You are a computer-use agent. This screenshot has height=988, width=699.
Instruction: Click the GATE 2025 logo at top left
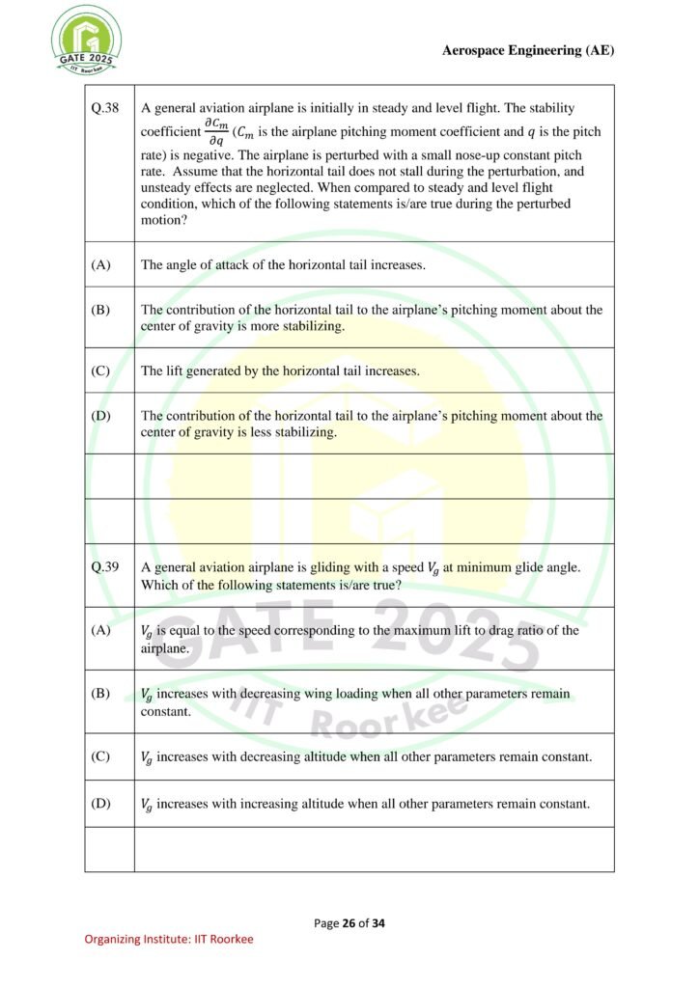click(86, 41)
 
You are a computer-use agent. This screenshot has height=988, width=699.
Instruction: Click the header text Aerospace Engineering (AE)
click(527, 51)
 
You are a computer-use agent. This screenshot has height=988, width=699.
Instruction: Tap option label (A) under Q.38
click(101, 264)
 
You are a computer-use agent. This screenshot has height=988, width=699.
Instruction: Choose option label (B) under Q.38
click(101, 310)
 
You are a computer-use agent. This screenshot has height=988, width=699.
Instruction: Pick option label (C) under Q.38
click(101, 370)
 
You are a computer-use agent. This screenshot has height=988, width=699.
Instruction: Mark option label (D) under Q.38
click(101, 416)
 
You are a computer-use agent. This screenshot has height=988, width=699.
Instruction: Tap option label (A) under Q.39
click(101, 631)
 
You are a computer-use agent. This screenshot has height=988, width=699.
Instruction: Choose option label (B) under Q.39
click(101, 694)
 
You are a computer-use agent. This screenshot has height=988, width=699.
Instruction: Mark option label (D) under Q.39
click(101, 804)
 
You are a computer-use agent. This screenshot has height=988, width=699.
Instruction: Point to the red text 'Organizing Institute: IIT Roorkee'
click(169, 939)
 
